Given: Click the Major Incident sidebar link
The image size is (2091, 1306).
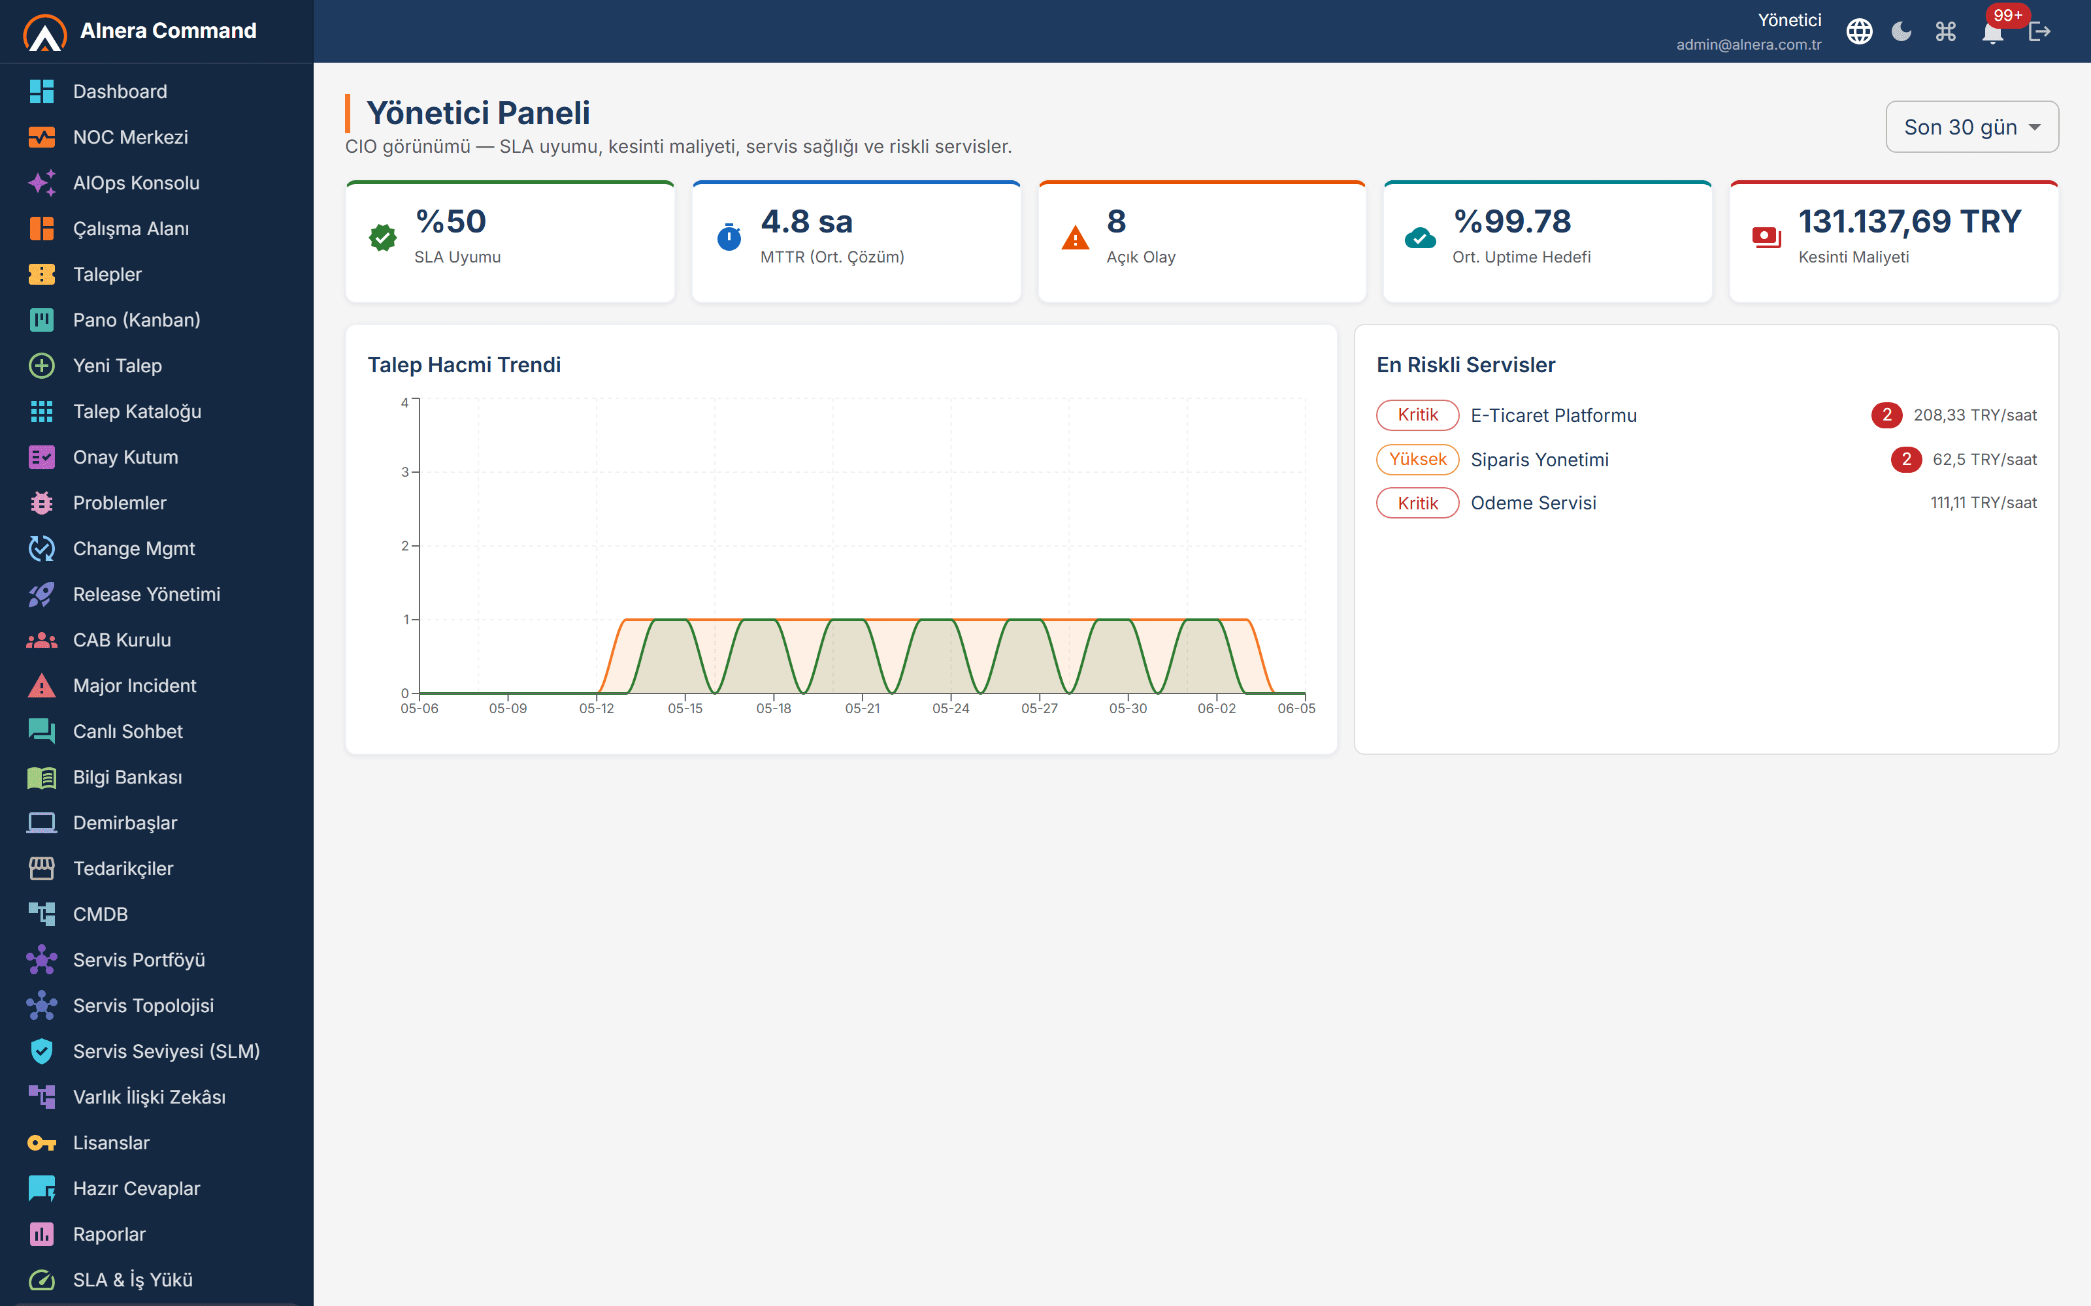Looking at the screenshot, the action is tap(135, 686).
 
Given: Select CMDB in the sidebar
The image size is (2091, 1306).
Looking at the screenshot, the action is tap(100, 914).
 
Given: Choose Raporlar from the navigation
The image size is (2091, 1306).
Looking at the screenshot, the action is tap(110, 1234).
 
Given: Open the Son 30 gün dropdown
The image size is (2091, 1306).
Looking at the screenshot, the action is tap(1972, 127).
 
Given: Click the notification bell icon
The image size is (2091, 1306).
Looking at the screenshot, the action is tap(1992, 33).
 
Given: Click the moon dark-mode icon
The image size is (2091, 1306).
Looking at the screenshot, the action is tap(1902, 32).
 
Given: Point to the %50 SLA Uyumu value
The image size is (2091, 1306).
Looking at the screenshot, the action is tap(451, 222).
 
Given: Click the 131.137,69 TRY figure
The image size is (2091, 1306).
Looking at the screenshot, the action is tap(1909, 222).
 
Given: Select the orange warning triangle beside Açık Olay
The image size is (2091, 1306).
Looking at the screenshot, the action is tap(1075, 238).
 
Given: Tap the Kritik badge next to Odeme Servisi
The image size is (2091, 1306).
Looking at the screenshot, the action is tap(1418, 503).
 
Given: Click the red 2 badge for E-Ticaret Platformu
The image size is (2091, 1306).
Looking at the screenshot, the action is tap(1886, 415).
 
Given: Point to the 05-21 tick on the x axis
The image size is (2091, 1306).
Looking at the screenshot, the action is tap(863, 709).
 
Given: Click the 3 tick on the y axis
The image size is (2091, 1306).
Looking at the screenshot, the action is tap(404, 473).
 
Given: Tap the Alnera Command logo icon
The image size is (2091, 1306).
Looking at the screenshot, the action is tap(45, 33).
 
